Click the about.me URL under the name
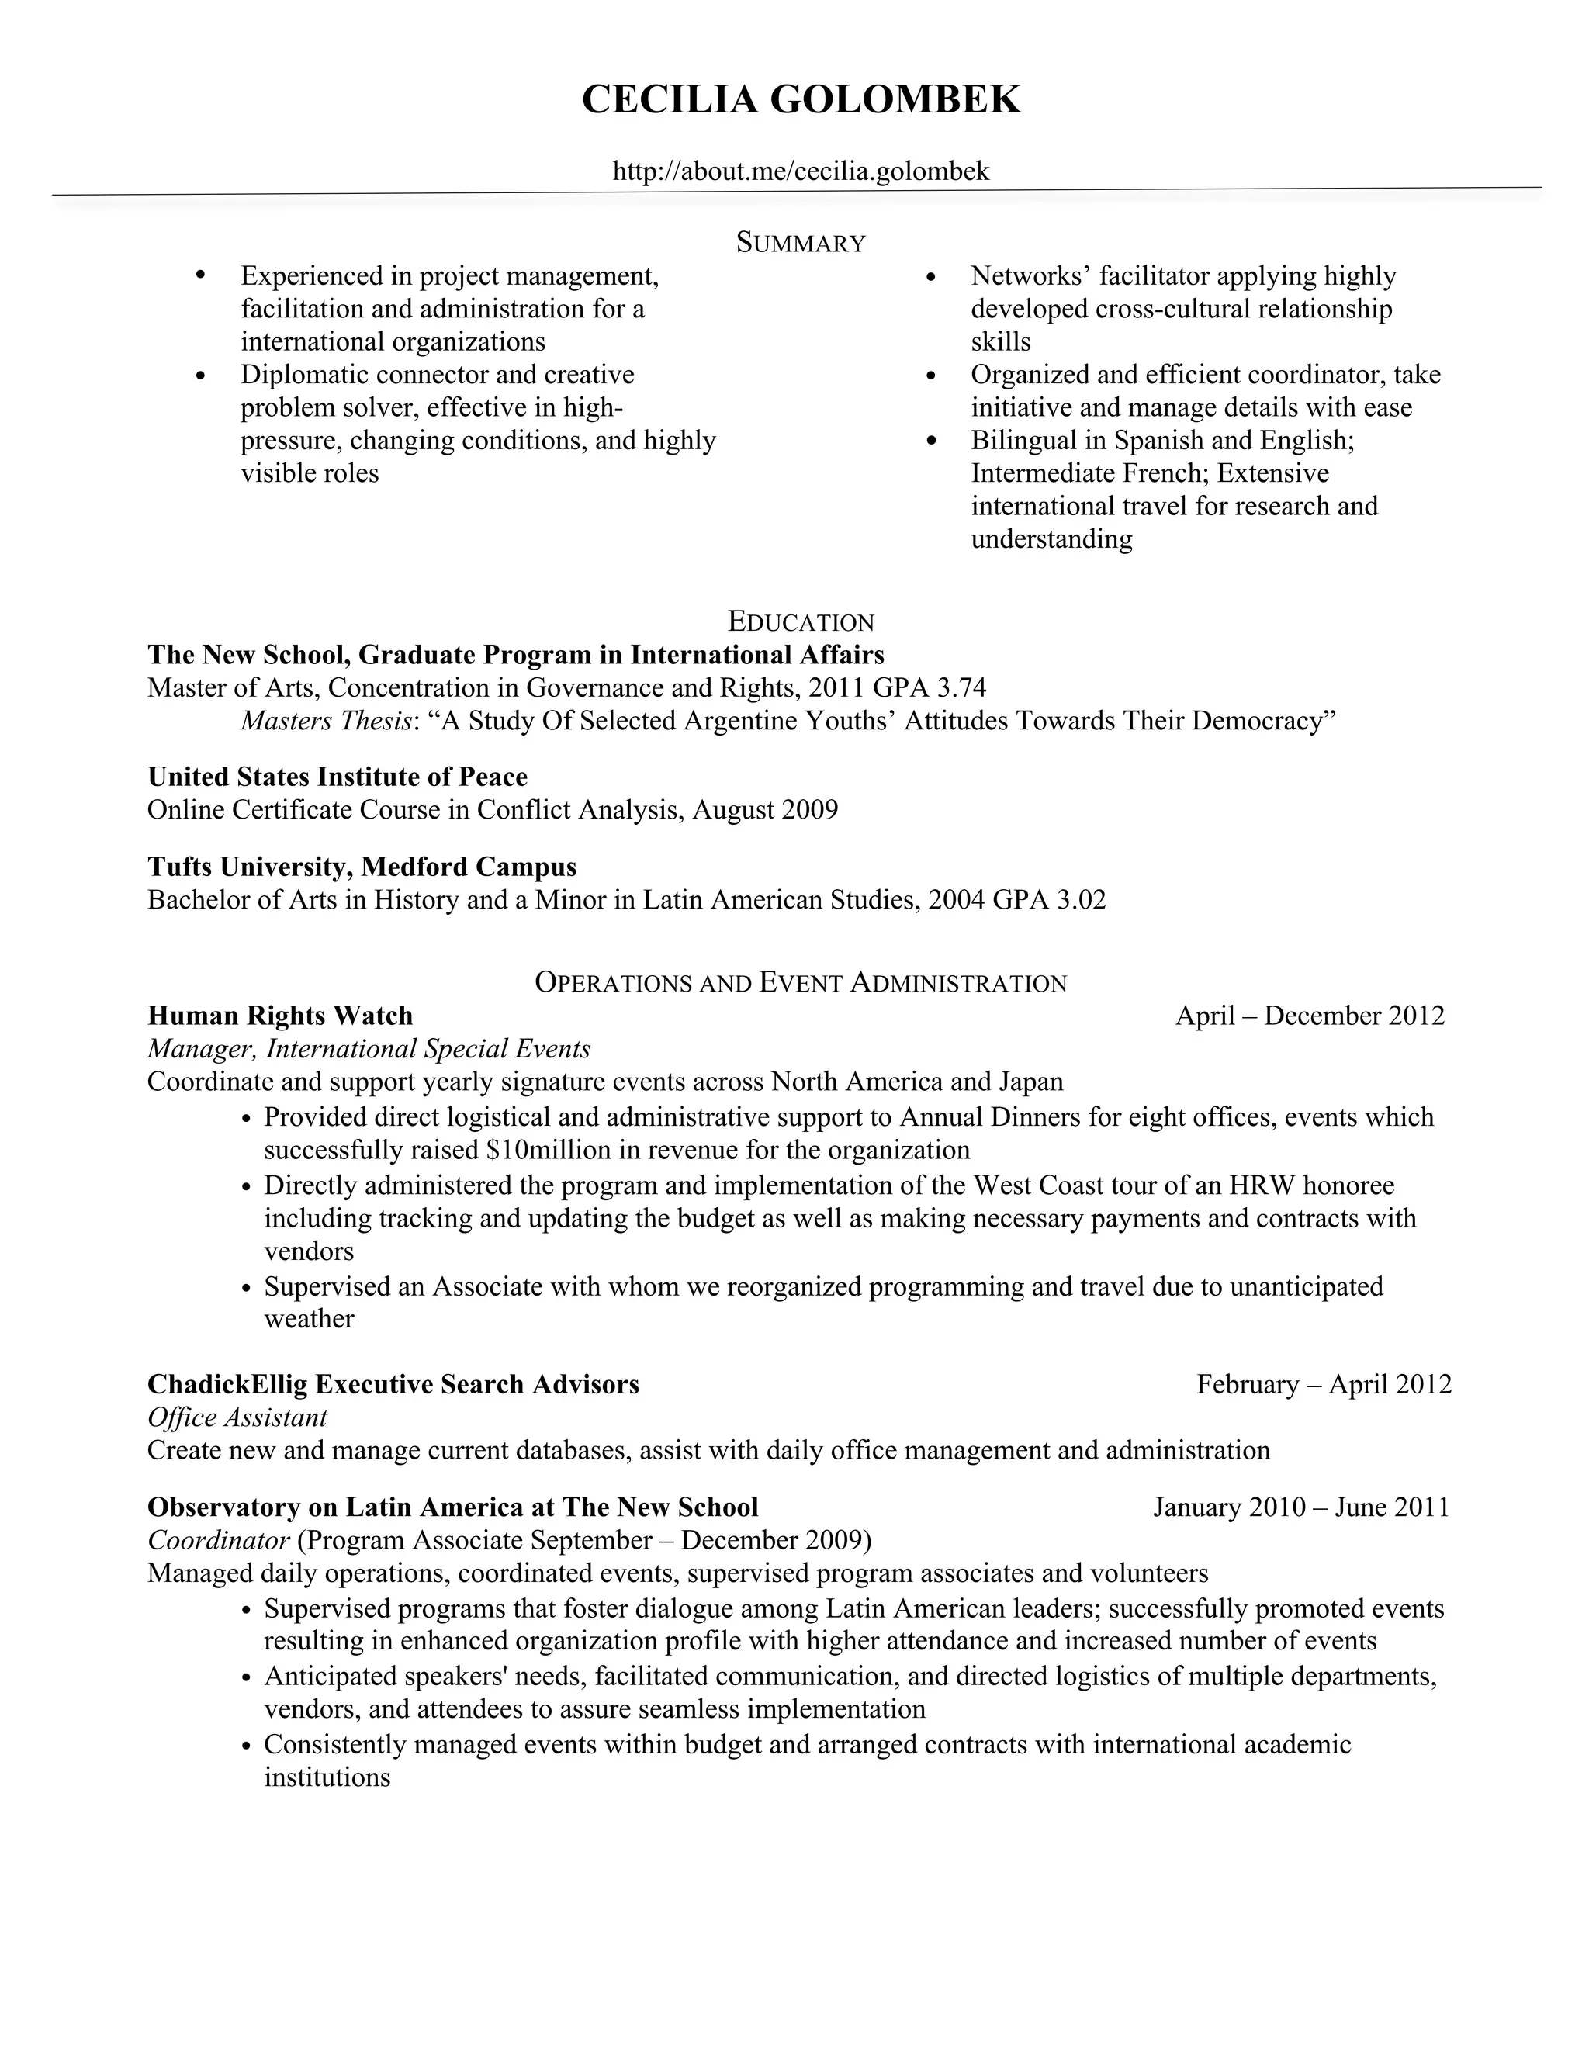point(800,171)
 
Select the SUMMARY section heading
point(800,243)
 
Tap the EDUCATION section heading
point(801,622)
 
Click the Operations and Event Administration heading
point(800,983)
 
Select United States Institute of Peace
point(337,777)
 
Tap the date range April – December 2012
point(1310,1016)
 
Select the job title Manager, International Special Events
point(369,1049)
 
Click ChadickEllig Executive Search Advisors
point(393,1384)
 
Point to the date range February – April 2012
point(1324,1384)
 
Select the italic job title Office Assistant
point(237,1417)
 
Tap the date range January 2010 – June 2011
point(1301,1507)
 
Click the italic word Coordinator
point(218,1540)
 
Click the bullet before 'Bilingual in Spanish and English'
point(932,441)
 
